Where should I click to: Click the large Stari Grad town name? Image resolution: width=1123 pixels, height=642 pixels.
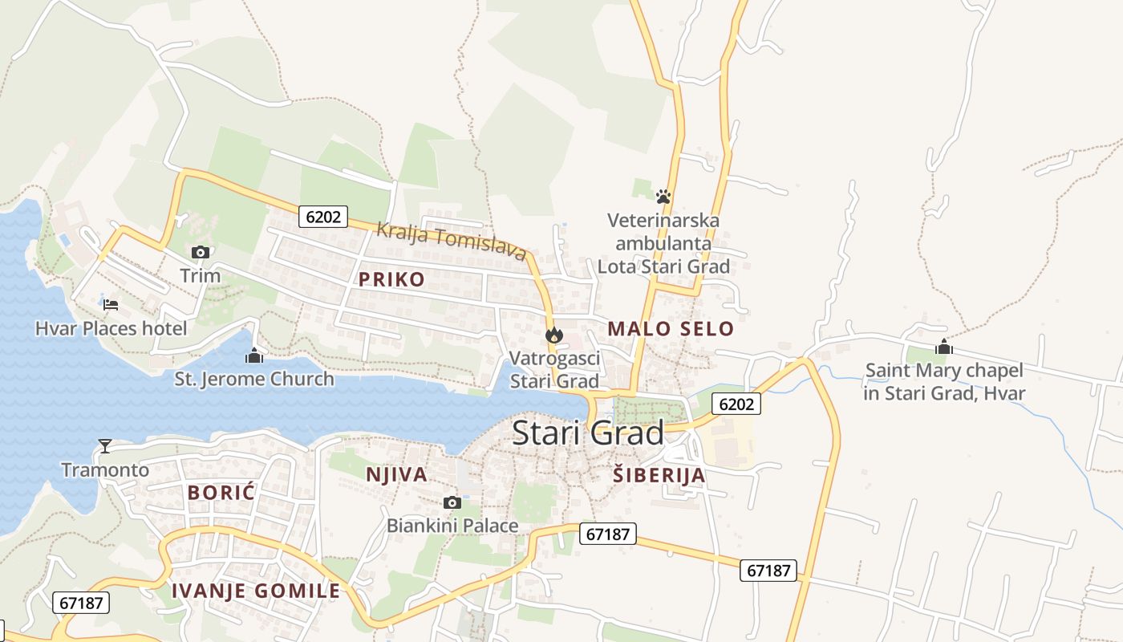(x=588, y=433)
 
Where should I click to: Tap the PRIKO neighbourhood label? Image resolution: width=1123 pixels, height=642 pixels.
(x=391, y=279)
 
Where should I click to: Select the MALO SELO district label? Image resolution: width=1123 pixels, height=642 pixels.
(x=671, y=328)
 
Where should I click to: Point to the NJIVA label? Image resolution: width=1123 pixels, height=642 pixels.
(x=396, y=474)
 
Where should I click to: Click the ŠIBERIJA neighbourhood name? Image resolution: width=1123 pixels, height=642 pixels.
(x=659, y=475)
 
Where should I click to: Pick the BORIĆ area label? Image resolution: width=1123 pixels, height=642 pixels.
(x=221, y=493)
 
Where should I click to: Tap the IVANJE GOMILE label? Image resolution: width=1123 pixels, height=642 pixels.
(x=256, y=591)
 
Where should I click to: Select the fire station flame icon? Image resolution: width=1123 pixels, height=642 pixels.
(x=553, y=335)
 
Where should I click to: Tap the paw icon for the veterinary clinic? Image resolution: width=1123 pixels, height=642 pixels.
(x=663, y=196)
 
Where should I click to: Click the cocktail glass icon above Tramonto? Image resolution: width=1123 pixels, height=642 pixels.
(x=105, y=446)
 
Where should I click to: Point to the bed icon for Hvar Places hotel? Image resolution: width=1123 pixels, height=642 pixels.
(x=111, y=304)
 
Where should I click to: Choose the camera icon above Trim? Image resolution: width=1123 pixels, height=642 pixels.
(x=200, y=252)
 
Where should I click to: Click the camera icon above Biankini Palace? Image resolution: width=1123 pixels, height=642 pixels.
(x=452, y=502)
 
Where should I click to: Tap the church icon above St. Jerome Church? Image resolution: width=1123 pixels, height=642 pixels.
(x=254, y=355)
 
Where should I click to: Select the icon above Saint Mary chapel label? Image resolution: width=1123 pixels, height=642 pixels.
(x=944, y=347)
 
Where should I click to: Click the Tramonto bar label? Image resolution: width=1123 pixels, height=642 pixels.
(x=105, y=469)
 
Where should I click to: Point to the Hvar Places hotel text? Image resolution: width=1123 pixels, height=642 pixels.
(x=111, y=328)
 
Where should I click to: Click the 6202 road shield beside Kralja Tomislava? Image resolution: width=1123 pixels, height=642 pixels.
(x=323, y=216)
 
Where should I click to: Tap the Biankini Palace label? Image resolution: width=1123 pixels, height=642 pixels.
(x=452, y=526)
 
